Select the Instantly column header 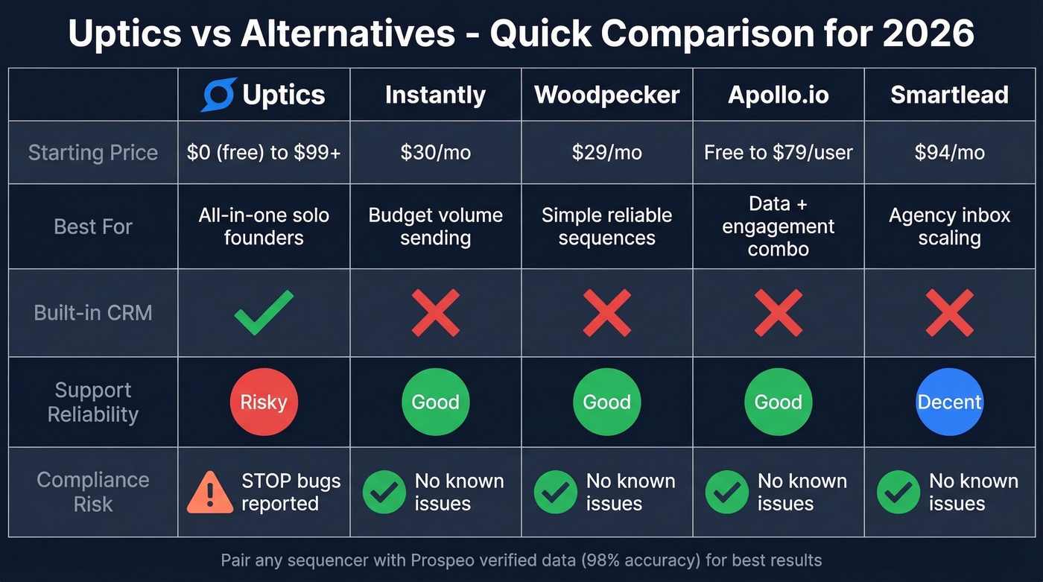coord(435,95)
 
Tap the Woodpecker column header coord(606,95)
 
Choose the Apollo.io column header coord(778,95)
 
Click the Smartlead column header coord(949,95)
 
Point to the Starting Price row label coord(93,153)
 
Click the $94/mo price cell coord(949,153)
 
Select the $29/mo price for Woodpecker coord(606,153)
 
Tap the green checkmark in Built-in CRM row coord(264,312)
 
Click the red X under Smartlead coord(949,312)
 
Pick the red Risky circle coord(264,402)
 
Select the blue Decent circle coord(949,402)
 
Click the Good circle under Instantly coord(435,402)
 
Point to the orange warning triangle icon coord(210,492)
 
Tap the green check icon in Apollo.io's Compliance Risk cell coord(726,492)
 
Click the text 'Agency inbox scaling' coord(949,227)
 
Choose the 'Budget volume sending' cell coord(435,227)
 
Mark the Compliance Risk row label coord(93,492)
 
